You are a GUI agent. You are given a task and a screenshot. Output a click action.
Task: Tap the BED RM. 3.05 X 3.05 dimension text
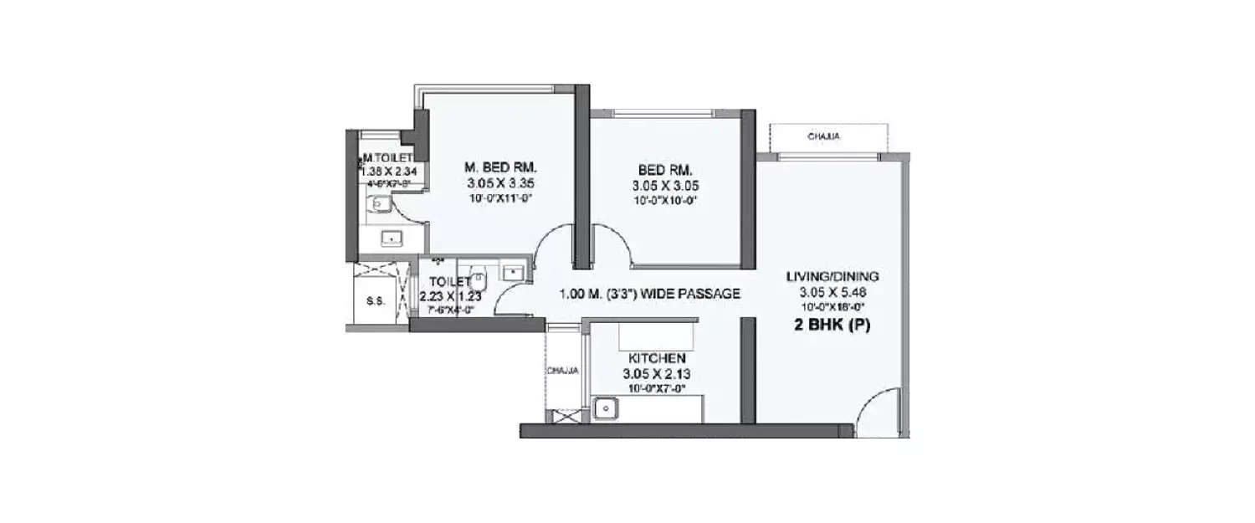pos(666,187)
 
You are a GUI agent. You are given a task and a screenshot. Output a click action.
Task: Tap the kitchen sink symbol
pos(605,409)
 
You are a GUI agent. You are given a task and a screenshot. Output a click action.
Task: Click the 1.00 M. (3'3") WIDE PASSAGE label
pos(650,294)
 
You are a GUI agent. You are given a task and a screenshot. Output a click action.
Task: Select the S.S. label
pos(376,301)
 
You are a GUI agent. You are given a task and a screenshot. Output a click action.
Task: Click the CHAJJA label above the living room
pos(824,136)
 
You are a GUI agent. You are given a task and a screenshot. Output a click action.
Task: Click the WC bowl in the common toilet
pos(478,275)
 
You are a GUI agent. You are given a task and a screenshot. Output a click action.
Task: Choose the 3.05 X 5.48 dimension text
pos(832,292)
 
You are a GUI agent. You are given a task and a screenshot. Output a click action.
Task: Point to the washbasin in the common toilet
pos(511,271)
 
